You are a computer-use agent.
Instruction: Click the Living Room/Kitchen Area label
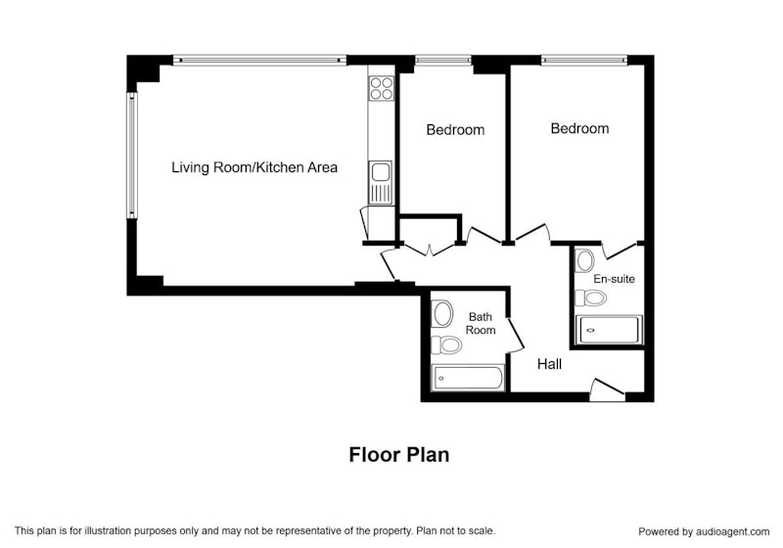[254, 167]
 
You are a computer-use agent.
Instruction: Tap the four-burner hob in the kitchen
[381, 88]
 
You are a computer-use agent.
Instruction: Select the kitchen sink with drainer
[381, 182]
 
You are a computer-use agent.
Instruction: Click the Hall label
[549, 364]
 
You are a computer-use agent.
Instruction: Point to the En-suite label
[614, 279]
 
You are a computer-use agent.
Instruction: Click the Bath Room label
[481, 323]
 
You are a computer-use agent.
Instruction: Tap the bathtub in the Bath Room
[468, 378]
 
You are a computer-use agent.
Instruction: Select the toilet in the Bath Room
[446, 344]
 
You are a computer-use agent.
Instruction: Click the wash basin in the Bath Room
[442, 314]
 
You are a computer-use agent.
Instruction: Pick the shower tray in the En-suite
[608, 330]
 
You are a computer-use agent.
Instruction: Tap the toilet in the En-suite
[591, 297]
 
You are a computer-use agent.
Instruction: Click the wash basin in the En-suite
[584, 260]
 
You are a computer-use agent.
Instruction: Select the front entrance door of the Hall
[607, 389]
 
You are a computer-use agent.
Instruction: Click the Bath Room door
[516, 335]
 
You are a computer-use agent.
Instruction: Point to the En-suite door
[620, 250]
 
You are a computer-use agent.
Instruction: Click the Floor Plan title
[399, 455]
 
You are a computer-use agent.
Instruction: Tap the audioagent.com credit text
[704, 532]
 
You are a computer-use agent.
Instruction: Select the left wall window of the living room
[131, 156]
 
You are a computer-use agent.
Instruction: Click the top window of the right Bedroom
[583, 61]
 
